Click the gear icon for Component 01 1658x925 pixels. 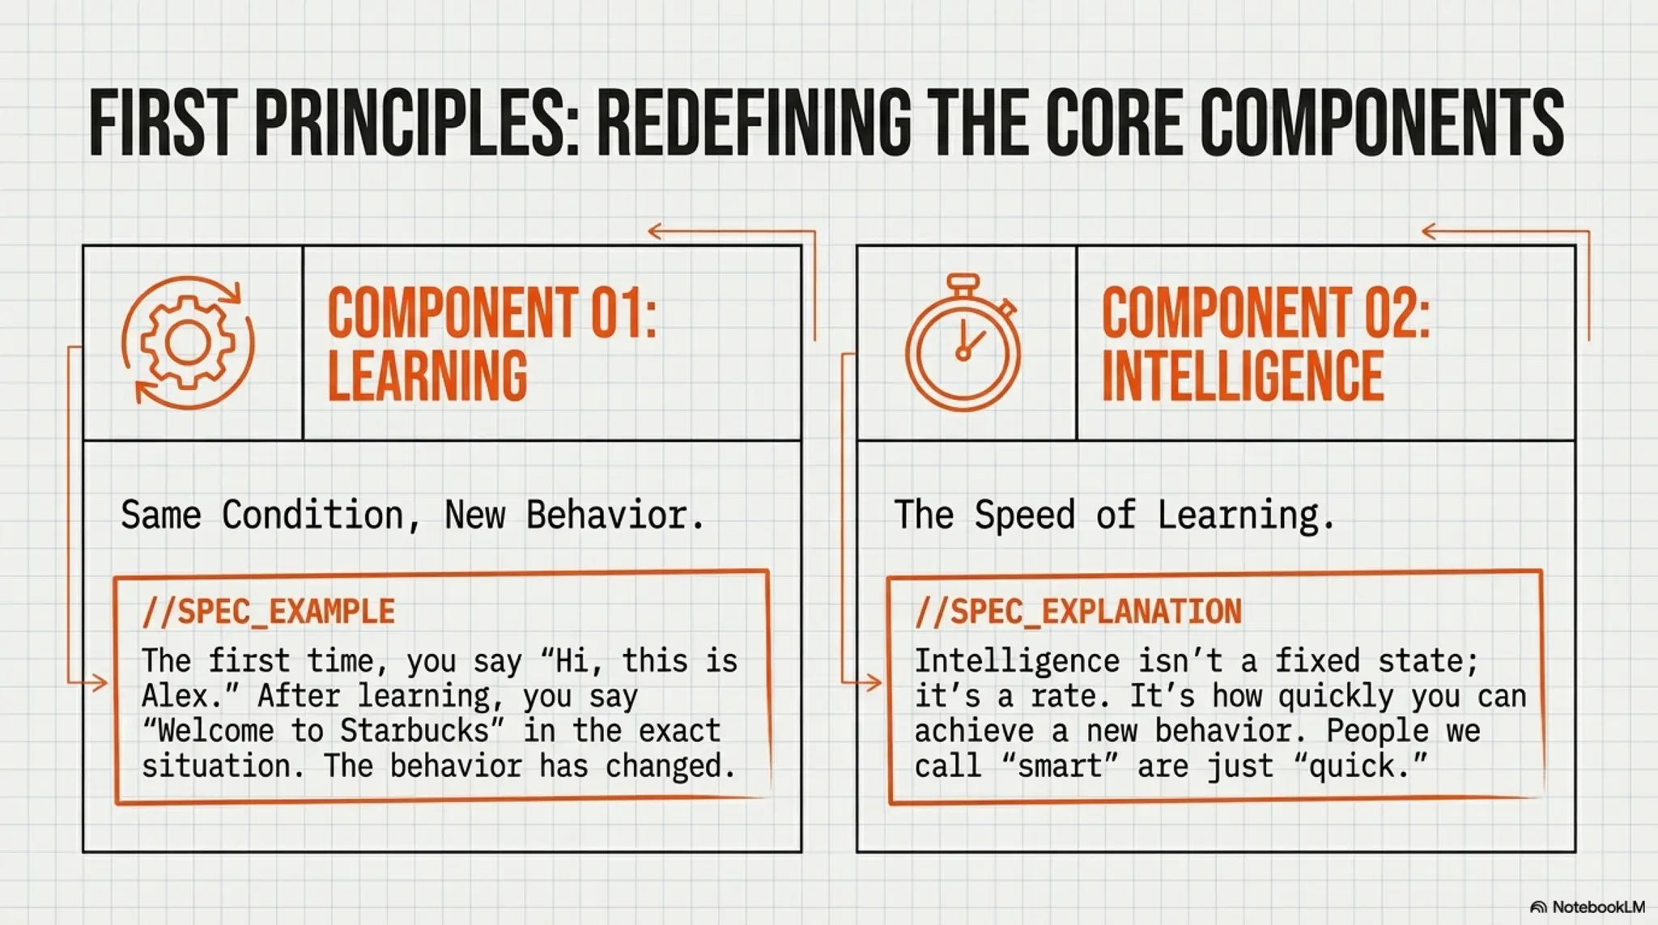(188, 342)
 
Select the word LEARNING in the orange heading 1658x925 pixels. (427, 376)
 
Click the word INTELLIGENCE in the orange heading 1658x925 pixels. (1243, 376)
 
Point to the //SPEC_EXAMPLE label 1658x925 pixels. (268, 612)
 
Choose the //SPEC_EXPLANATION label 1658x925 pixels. (1078, 612)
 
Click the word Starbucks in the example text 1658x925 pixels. (414, 732)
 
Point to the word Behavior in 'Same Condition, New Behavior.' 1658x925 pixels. (614, 516)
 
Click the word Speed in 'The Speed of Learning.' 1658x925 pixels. (1024, 516)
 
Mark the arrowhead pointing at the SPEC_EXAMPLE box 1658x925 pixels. (100, 683)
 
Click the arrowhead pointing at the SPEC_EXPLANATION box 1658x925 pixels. (874, 683)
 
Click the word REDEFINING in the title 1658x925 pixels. (753, 123)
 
